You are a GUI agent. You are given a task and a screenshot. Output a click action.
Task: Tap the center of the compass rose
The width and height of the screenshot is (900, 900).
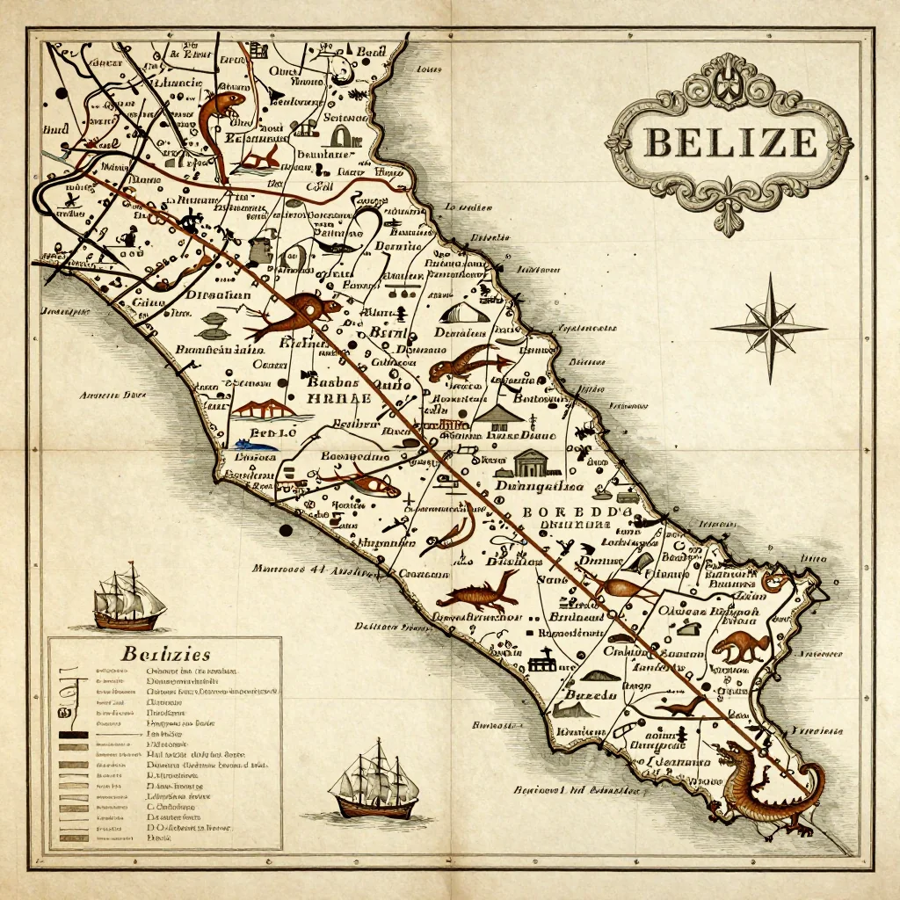[769, 328]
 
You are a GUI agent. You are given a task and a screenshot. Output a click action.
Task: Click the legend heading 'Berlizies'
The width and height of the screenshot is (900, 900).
[164, 654]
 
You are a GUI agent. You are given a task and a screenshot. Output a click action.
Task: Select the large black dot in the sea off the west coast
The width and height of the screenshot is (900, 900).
[285, 530]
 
